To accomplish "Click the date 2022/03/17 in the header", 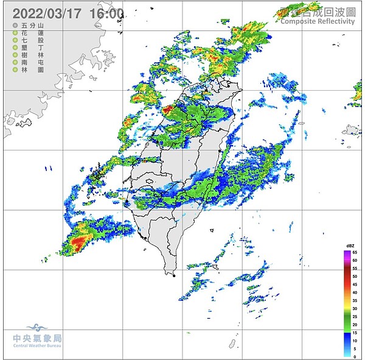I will pyautogui.click(x=47, y=13).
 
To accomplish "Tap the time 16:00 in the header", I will pyautogui.click(x=106, y=13).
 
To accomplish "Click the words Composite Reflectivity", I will pyautogui.click(x=317, y=21).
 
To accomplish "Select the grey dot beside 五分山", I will pyautogui.click(x=15, y=26).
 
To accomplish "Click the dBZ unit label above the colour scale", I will pyautogui.click(x=350, y=245).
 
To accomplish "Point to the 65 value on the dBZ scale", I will pyautogui.click(x=355, y=252).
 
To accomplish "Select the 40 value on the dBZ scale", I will pyautogui.click(x=355, y=292).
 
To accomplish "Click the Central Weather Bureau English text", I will pyautogui.click(x=37, y=347).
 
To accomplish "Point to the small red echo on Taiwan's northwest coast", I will pyautogui.click(x=168, y=110).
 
